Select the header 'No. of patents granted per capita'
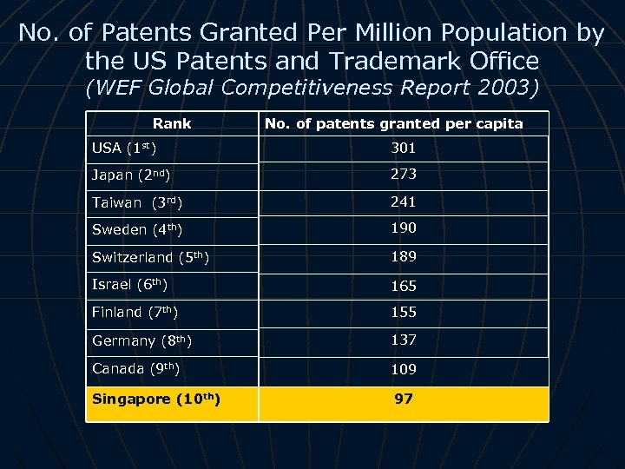[x=393, y=123]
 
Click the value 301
[x=403, y=148]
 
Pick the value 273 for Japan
[x=403, y=174]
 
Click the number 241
[x=403, y=201]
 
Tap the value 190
[x=403, y=228]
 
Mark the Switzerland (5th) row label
[x=150, y=258]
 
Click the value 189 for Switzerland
[x=403, y=256]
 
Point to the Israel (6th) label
[x=129, y=285]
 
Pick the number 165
[x=403, y=285]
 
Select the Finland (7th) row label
[x=135, y=312]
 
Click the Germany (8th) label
[x=141, y=340]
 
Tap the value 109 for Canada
[x=403, y=369]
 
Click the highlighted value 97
[x=403, y=399]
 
